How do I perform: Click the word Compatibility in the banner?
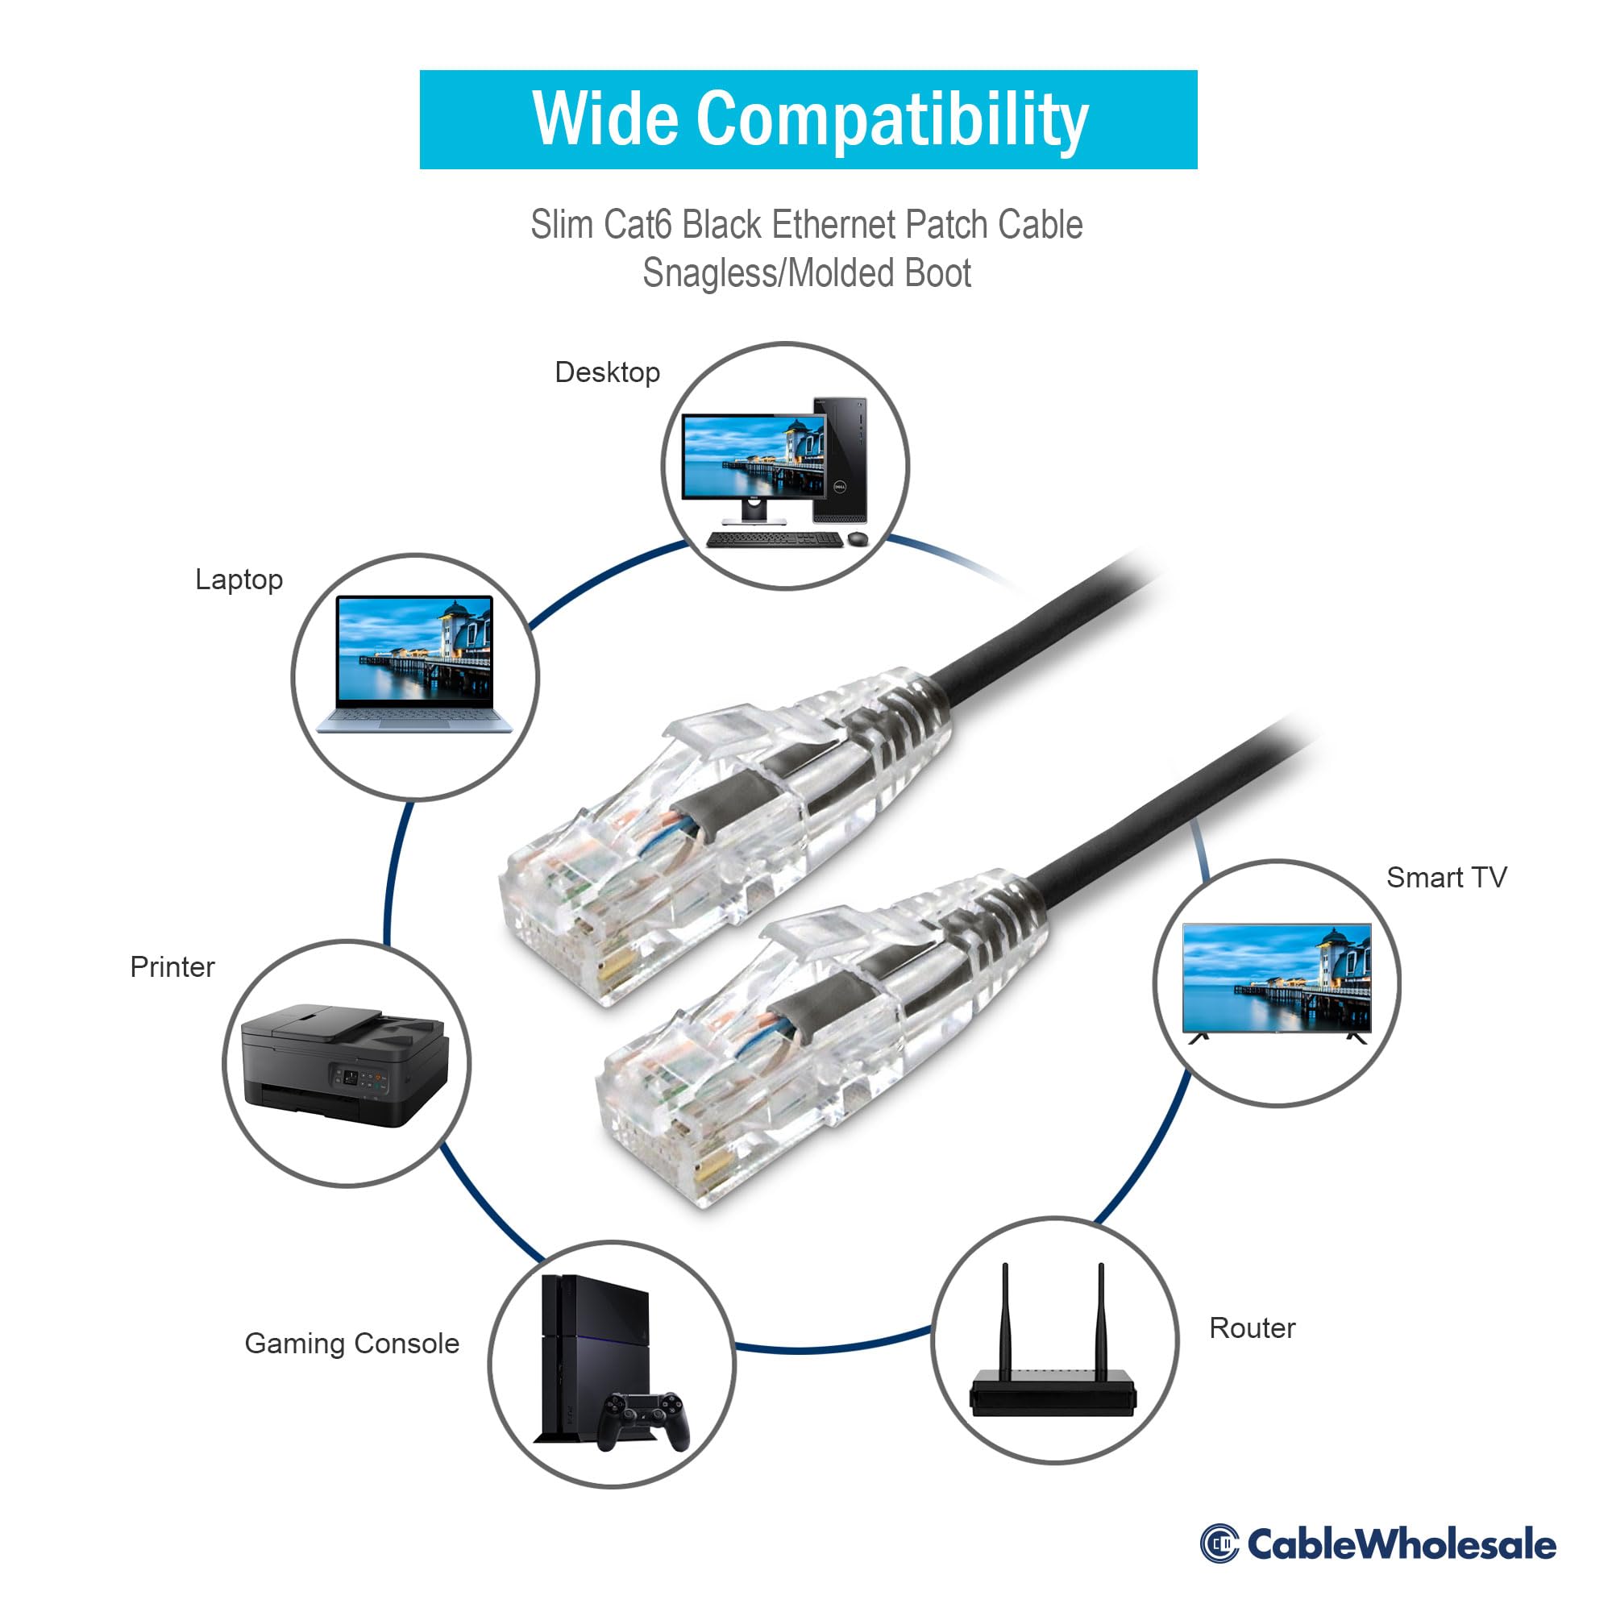click(892, 120)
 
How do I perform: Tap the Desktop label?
click(608, 372)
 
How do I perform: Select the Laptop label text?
click(239, 579)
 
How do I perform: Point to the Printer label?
click(172, 966)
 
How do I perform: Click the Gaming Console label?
click(351, 1344)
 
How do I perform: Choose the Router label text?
click(1252, 1328)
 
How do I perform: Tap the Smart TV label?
click(1446, 878)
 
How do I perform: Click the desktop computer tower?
click(840, 459)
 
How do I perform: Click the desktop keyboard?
click(774, 540)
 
